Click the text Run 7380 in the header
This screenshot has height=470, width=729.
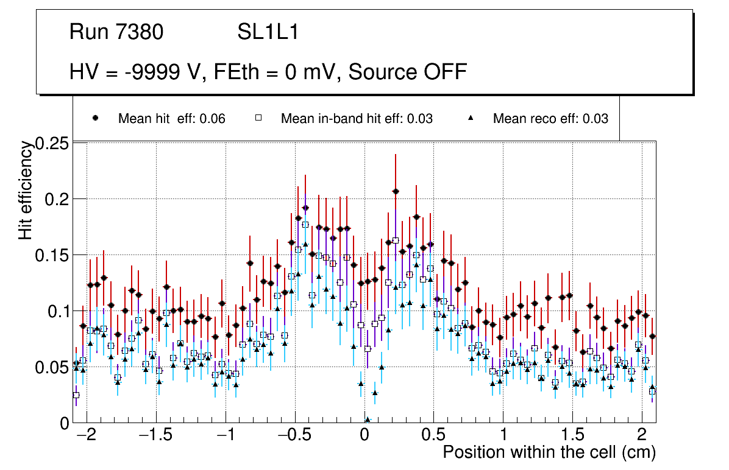click(116, 32)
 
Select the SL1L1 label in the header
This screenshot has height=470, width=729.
click(268, 32)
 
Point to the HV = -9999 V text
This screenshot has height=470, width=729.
click(130, 72)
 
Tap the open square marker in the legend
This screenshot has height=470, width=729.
click(258, 119)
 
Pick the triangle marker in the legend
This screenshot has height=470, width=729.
click(471, 119)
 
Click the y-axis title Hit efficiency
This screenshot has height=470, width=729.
click(26, 190)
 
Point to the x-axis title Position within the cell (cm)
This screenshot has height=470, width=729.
click(549, 452)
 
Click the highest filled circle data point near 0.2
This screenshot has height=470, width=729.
click(396, 191)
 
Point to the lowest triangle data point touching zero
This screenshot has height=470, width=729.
click(368, 419)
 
